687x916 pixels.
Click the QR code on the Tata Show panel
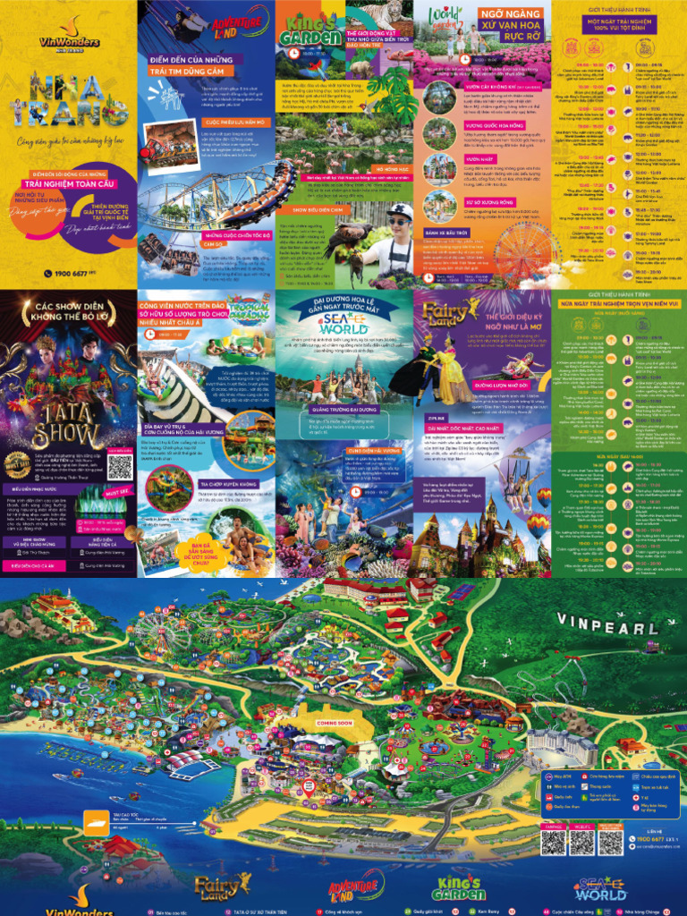coord(119,466)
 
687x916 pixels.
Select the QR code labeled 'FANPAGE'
coord(555,841)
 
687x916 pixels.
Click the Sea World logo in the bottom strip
coord(599,889)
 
